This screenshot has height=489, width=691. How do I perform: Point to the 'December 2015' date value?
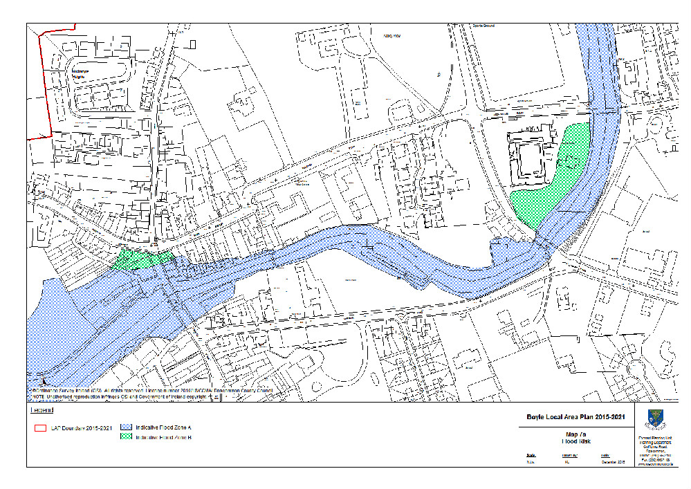click(611, 462)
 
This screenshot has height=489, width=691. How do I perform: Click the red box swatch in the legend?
click(40, 427)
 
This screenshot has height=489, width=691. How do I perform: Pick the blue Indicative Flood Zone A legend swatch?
click(127, 427)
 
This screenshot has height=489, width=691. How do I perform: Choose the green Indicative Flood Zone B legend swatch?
click(127, 437)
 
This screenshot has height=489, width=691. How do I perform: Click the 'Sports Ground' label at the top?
click(483, 26)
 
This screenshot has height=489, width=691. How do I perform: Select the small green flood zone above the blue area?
click(142, 259)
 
